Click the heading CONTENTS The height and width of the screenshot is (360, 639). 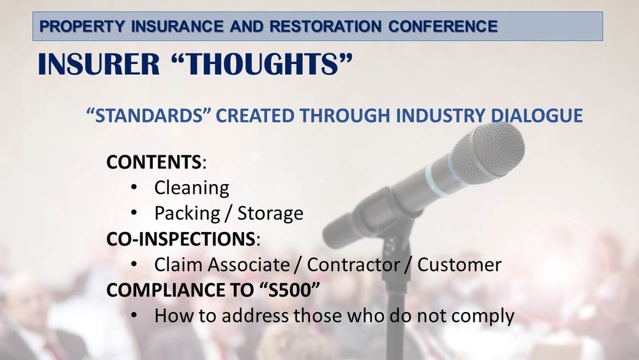[x=153, y=162]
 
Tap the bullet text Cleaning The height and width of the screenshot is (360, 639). [x=192, y=188]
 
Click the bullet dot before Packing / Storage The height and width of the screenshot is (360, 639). [x=134, y=214]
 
